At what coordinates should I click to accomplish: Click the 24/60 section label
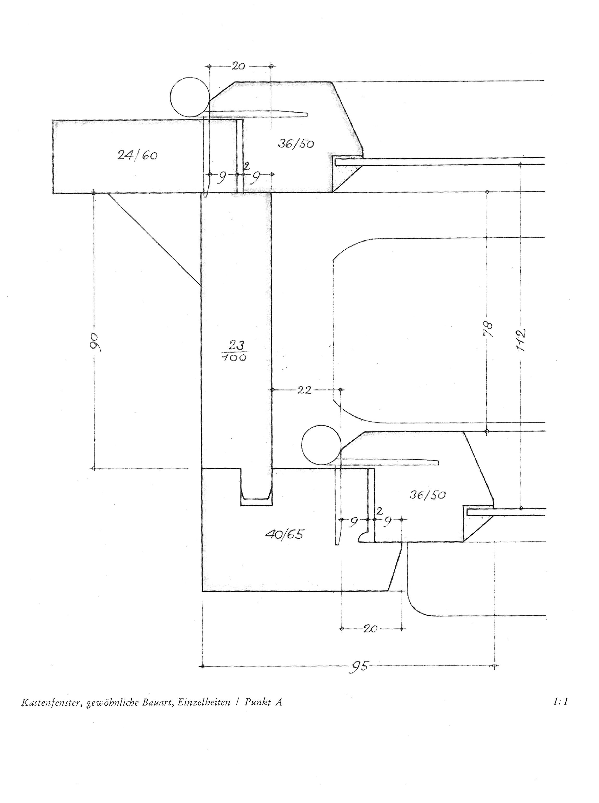(x=137, y=155)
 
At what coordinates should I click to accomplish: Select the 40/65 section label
(x=284, y=535)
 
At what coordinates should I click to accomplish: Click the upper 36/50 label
(x=296, y=144)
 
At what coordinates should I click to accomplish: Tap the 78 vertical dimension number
(x=488, y=329)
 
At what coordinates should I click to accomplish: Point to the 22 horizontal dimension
(x=304, y=390)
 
